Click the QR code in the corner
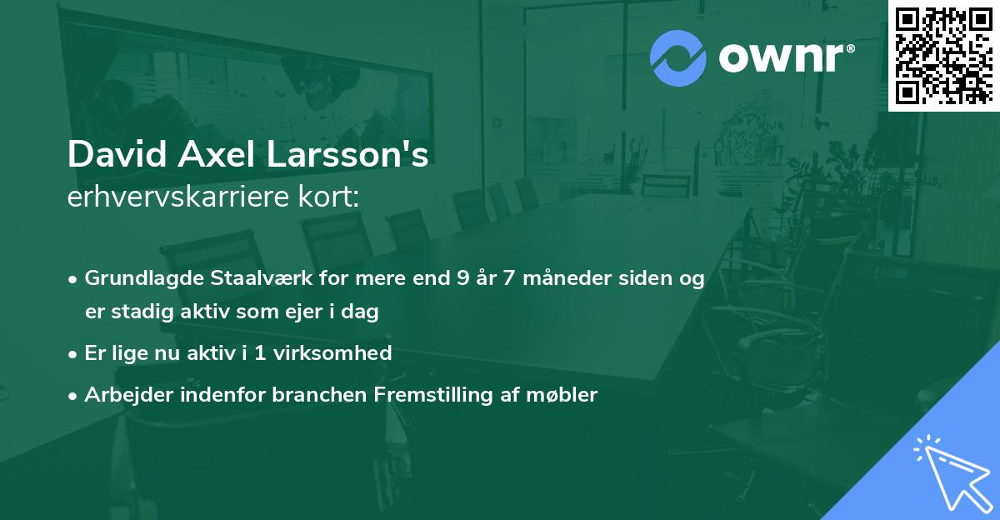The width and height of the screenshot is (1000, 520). [x=942, y=55]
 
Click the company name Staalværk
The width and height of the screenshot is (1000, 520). [x=251, y=278]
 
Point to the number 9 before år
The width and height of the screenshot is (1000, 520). [x=462, y=278]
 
